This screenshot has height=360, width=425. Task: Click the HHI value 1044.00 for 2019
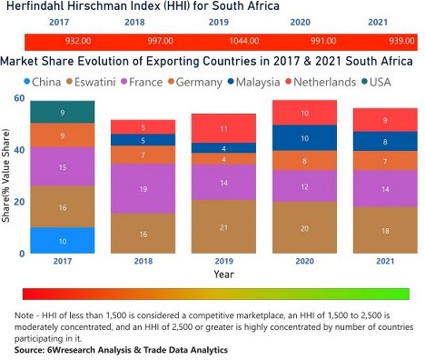click(x=220, y=42)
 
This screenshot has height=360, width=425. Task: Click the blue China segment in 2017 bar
click(x=62, y=240)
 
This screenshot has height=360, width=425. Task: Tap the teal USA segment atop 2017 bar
click(x=62, y=112)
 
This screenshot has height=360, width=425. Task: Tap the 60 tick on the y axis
click(x=19, y=97)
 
